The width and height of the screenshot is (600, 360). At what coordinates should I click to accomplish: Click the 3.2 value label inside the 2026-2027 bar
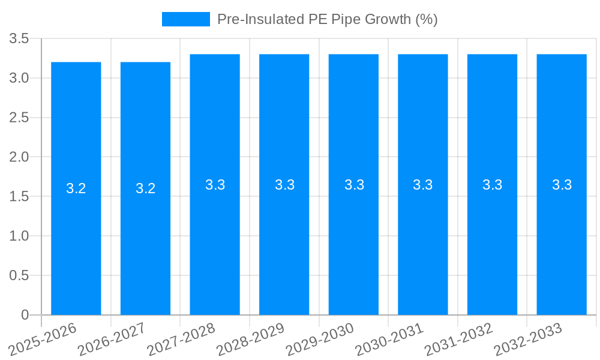pyautogui.click(x=146, y=188)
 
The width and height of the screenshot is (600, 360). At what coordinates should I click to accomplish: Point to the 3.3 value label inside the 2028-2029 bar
pyautogui.click(x=284, y=185)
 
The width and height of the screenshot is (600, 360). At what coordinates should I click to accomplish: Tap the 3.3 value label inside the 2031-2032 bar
pyautogui.click(x=493, y=185)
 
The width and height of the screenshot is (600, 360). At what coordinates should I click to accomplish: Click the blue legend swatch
pyautogui.click(x=186, y=19)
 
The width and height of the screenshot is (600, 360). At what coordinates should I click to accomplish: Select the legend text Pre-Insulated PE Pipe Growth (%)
pyautogui.click(x=327, y=19)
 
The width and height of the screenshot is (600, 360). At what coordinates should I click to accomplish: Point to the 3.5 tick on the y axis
pyautogui.click(x=19, y=39)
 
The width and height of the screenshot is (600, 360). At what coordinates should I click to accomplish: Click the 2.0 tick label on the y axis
pyautogui.click(x=19, y=157)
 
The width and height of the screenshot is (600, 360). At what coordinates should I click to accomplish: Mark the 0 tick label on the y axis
pyautogui.click(x=25, y=315)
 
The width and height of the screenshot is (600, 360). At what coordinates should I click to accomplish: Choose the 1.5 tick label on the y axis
pyautogui.click(x=19, y=197)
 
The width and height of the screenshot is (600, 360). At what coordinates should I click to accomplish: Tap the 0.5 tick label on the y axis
pyautogui.click(x=19, y=275)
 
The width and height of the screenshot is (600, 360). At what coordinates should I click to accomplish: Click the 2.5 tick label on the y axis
pyautogui.click(x=19, y=118)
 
